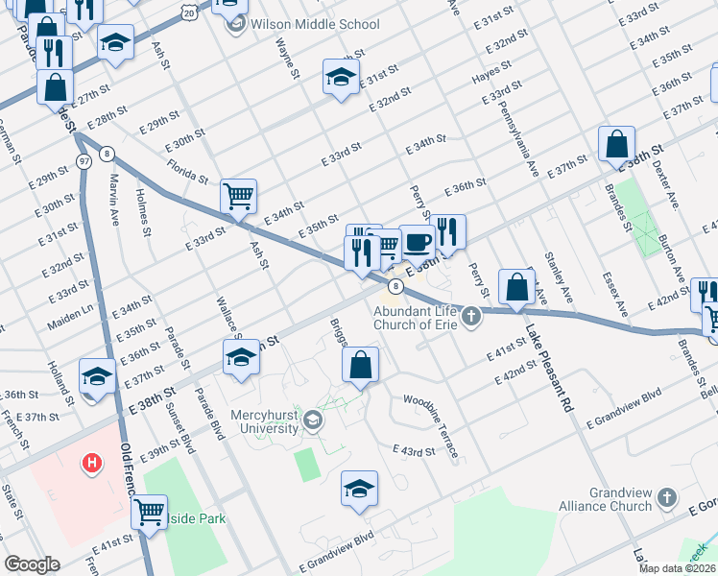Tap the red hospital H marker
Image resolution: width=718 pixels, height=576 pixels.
tap(91, 465)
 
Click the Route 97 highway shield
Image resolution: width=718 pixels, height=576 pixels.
tap(84, 161)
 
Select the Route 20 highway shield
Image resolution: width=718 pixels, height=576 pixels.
tap(189, 12)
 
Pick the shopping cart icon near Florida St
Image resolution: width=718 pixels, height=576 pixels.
tap(238, 196)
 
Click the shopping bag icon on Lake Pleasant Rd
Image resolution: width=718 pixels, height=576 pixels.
tap(516, 286)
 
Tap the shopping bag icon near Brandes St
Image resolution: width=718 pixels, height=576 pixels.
tap(617, 144)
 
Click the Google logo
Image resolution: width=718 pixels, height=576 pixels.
tap(32, 564)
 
